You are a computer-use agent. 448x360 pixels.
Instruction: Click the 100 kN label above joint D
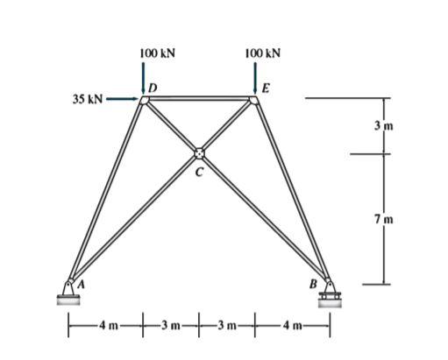coord(157,53)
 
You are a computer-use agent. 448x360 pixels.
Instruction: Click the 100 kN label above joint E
coord(263,53)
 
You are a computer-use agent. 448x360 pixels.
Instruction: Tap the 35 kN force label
coord(89,99)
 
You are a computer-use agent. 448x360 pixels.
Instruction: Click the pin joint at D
coord(145,100)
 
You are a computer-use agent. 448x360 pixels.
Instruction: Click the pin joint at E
coord(253,100)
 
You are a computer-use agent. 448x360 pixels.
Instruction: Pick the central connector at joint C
coord(199,153)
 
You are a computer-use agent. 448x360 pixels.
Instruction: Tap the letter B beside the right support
coord(312,284)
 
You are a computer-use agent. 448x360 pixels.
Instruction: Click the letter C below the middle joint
coord(199,173)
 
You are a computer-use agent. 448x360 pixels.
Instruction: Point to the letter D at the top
coord(154,88)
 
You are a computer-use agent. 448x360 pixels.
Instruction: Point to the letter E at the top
coord(264,88)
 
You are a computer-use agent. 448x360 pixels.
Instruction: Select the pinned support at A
coord(69,292)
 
